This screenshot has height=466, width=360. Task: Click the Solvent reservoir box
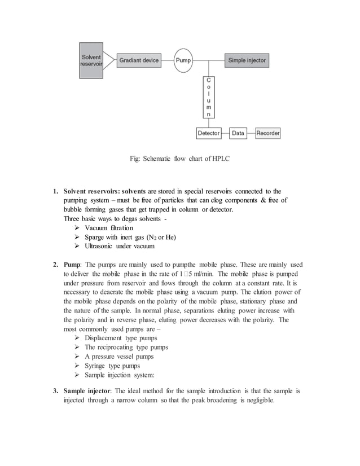click(x=91, y=60)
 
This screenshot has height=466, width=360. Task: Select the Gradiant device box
click(x=139, y=60)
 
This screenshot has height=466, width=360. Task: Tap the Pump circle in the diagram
click(x=183, y=60)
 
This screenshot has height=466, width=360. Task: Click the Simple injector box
click(x=246, y=60)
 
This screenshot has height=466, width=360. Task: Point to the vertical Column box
click(x=209, y=98)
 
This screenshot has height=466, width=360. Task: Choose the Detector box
click(x=209, y=133)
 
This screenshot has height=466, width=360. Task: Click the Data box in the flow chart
click(x=238, y=133)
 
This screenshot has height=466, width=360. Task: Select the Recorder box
click(x=268, y=133)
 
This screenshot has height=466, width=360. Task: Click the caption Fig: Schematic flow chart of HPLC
click(x=179, y=159)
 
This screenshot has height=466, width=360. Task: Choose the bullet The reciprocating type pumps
click(x=126, y=347)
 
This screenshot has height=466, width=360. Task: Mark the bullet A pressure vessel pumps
click(x=119, y=357)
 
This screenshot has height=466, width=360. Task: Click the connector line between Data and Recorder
click(x=251, y=133)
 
